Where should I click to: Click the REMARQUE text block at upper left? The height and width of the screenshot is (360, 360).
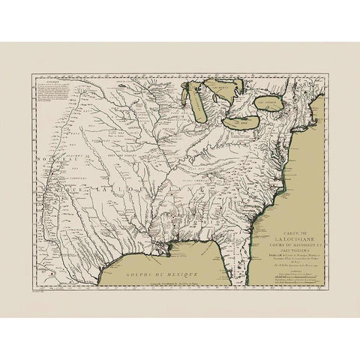coord(49,97)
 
